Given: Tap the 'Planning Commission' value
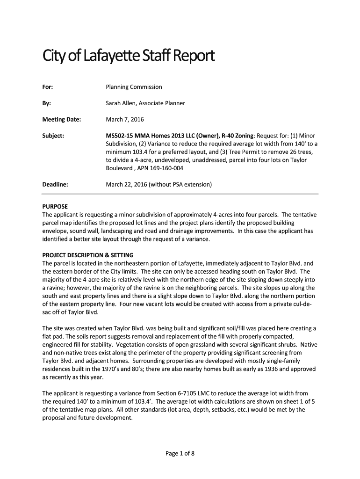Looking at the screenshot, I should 134,87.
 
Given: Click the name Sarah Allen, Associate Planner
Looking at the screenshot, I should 145,103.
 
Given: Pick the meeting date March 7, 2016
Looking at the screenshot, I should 124,119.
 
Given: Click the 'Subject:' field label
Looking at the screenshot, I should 53,136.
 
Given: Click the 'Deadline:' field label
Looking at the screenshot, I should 55,184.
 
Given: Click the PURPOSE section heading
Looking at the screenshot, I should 55,206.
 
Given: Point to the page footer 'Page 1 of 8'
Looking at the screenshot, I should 180,452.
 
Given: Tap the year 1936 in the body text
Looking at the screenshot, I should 255,369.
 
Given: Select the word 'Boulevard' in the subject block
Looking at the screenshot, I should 120,168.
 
